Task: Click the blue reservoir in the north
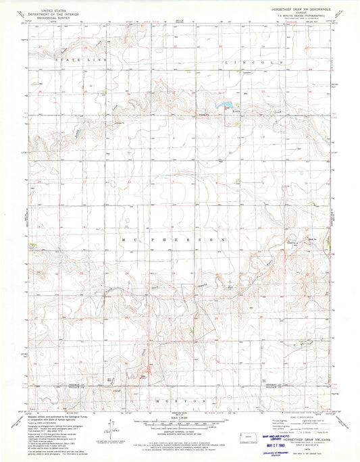[x=225, y=105]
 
